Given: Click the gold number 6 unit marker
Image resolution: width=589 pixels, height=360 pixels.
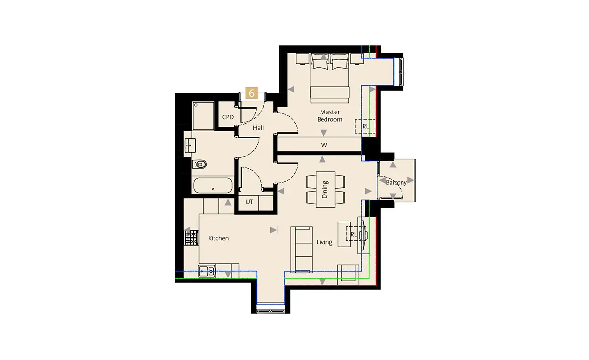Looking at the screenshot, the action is click(252, 93).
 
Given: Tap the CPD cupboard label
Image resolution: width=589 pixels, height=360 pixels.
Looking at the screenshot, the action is click(228, 117).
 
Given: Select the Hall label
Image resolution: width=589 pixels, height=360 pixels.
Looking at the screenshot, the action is click(258, 128).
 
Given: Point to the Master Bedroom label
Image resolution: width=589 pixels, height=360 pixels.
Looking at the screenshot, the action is click(330, 116).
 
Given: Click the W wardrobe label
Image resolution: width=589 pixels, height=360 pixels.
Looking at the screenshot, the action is click(324, 145).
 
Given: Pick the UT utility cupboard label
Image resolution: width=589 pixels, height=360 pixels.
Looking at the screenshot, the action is click(249, 202).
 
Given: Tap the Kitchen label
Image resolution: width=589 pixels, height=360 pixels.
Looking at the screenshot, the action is click(218, 238).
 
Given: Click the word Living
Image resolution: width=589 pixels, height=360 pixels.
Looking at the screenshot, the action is click(324, 242).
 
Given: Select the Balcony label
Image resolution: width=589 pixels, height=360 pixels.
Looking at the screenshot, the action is click(396, 182).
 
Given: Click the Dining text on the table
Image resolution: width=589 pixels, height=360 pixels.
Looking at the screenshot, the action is click(325, 190).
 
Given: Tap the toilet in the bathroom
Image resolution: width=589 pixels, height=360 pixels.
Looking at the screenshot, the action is click(199, 165).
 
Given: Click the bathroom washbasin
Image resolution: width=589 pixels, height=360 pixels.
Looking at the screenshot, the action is click(190, 145).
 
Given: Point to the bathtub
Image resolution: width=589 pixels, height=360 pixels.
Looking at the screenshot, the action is click(213, 185).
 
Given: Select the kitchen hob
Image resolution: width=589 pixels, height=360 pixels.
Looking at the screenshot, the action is click(191, 238).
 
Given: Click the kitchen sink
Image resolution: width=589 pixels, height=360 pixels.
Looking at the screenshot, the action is click(207, 271).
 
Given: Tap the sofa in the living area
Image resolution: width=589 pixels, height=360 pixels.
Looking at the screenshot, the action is click(301, 249).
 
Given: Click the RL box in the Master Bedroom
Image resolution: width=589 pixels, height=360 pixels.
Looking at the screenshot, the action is click(365, 126).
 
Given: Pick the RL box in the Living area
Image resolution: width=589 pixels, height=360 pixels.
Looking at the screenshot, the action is click(354, 234).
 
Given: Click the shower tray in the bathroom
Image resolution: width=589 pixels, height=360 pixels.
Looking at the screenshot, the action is click(203, 116).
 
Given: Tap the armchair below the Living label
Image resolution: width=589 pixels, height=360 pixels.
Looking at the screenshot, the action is click(348, 275).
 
